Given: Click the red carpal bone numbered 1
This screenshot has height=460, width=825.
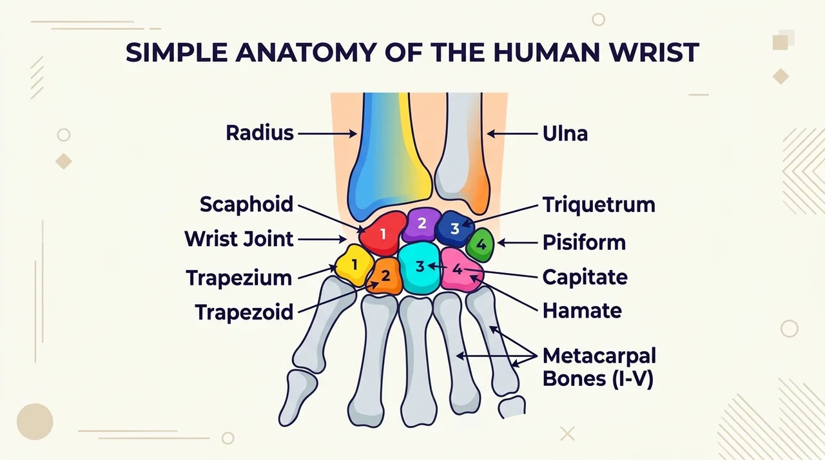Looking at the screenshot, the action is click(382, 234).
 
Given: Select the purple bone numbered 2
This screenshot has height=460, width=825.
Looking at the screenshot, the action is click(422, 224).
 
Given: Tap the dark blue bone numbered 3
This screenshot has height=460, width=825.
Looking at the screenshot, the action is click(454, 228).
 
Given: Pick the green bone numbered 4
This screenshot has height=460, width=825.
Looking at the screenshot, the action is click(480, 245).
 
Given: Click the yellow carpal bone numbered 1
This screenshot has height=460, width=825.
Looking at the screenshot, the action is click(354, 265).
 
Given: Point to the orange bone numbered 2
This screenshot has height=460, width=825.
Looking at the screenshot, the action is click(385, 276).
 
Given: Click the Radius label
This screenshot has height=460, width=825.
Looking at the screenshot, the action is click(260, 133).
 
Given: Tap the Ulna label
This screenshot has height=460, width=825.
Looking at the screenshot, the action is click(565, 133).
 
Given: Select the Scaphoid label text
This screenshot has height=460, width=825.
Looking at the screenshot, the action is click(246, 204).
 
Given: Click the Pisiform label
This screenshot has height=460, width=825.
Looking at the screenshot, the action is click(584, 243).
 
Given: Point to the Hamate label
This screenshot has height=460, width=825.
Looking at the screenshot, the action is click(582, 311).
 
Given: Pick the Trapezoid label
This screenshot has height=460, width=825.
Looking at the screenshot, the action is click(244, 312).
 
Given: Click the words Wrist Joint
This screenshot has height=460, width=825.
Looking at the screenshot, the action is click(239, 239).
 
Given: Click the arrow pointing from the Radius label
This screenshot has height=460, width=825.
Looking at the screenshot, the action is click(327, 133).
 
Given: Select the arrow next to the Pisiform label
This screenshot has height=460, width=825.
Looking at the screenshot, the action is click(518, 243).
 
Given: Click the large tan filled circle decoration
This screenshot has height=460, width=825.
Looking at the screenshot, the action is click(35, 422).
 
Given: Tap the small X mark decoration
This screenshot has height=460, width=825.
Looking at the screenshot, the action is click(567, 434).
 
